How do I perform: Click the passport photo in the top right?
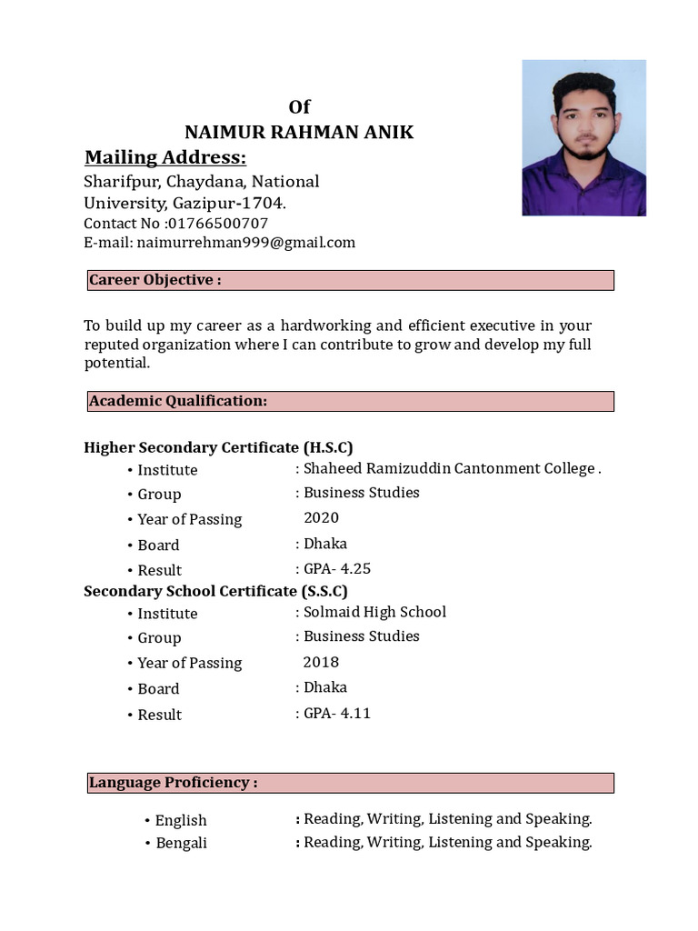583,137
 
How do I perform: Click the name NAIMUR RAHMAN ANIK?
299,133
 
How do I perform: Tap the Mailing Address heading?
165,158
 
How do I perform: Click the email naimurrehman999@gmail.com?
245,243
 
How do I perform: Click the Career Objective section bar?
351,280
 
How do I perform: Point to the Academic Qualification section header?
351,401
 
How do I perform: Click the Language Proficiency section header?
351,783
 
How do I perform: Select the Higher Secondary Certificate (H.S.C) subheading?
218,447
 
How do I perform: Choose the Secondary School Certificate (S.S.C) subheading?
215,591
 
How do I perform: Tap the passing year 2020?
321,518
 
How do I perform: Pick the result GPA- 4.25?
336,569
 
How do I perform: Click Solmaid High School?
374,612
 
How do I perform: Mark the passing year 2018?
321,662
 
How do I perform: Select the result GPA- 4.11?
336,713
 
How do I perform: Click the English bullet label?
181,820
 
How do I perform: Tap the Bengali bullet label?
181,843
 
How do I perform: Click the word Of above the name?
299,107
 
